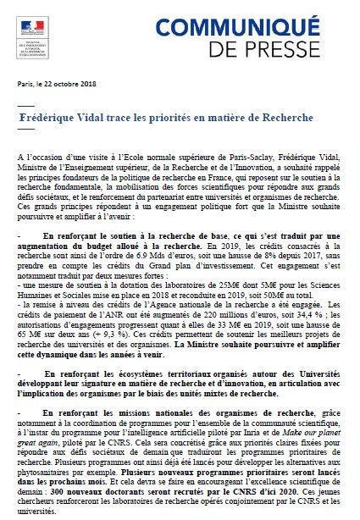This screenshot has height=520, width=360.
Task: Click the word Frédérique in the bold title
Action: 49,113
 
